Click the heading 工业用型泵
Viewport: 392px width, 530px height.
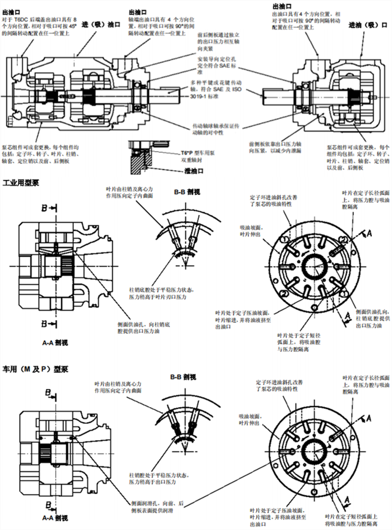21,183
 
